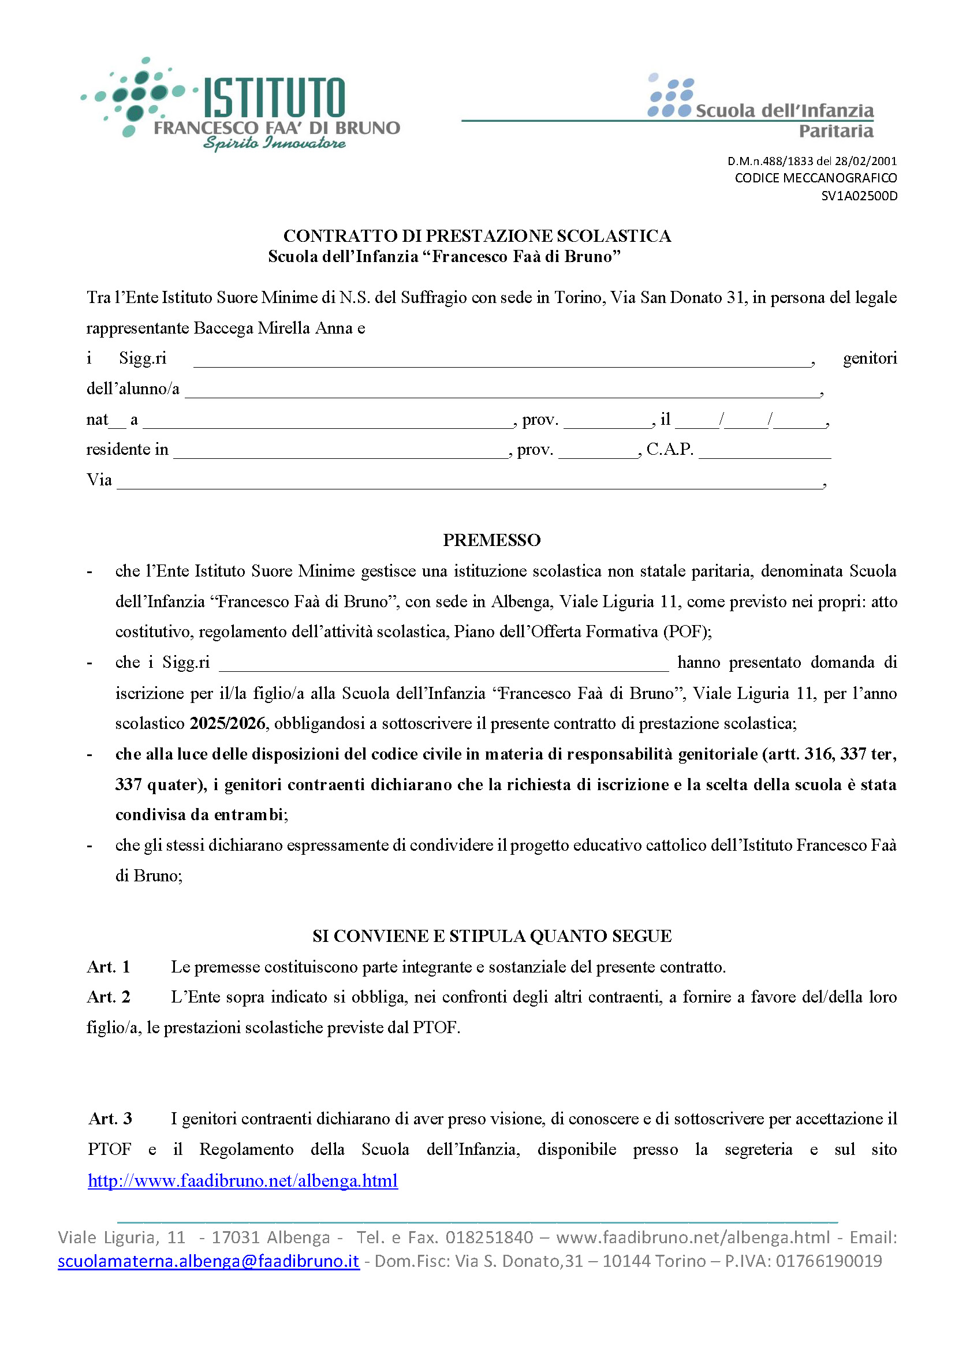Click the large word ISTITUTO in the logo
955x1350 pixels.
[x=274, y=98]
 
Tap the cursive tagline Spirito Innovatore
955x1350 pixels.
[x=274, y=143]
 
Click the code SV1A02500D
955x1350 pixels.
[x=859, y=196]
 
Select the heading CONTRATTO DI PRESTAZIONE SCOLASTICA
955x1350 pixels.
[x=477, y=236]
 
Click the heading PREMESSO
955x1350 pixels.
[x=491, y=540]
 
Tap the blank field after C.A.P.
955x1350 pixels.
[x=764, y=453]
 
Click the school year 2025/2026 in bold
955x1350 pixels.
[x=227, y=723]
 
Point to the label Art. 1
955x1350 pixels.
[x=109, y=967]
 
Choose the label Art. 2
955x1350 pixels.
[x=109, y=997]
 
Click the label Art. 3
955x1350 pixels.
[x=110, y=1119]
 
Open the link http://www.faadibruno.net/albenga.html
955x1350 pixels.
[x=243, y=1180]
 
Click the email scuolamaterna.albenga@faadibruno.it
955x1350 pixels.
[x=208, y=1261]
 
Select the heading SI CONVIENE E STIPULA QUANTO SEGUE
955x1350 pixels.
[x=491, y=936]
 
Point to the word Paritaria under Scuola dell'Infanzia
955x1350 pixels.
[x=835, y=131]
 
